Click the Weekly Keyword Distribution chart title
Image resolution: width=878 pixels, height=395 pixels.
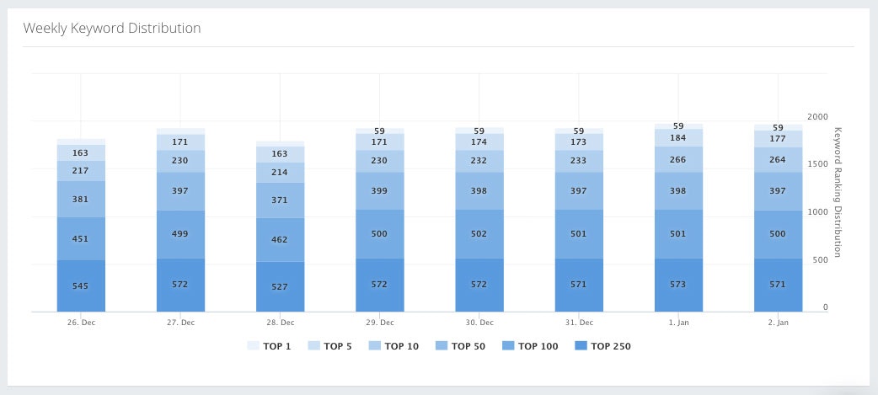point(111,28)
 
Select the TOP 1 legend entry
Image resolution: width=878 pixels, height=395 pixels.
point(269,346)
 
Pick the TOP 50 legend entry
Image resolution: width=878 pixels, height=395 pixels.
point(459,346)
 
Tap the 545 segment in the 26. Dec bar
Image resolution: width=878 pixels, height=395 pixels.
point(81,286)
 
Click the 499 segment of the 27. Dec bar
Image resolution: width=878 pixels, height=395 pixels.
point(180,233)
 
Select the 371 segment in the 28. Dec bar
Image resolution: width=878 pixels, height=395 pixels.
point(280,200)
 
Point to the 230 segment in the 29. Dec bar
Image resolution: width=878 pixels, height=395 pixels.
point(379,161)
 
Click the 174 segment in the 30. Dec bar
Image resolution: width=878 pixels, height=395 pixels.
point(479,142)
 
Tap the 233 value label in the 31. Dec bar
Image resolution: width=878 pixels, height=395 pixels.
point(578,161)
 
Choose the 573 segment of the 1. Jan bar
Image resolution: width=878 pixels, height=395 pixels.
point(677,285)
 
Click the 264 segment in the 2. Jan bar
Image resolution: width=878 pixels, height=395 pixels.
point(777,159)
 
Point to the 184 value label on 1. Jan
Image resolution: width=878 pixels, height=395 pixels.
point(677,138)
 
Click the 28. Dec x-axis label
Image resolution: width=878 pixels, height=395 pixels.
point(280,323)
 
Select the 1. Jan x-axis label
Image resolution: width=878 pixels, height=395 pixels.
point(677,323)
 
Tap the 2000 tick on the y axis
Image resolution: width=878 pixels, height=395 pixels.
point(817,117)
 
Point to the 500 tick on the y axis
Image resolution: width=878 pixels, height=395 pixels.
point(820,259)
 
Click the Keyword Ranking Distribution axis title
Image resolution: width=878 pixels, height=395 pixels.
point(838,192)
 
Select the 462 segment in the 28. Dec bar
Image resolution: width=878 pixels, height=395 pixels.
point(280,240)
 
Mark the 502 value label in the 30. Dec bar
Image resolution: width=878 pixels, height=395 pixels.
point(479,233)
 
